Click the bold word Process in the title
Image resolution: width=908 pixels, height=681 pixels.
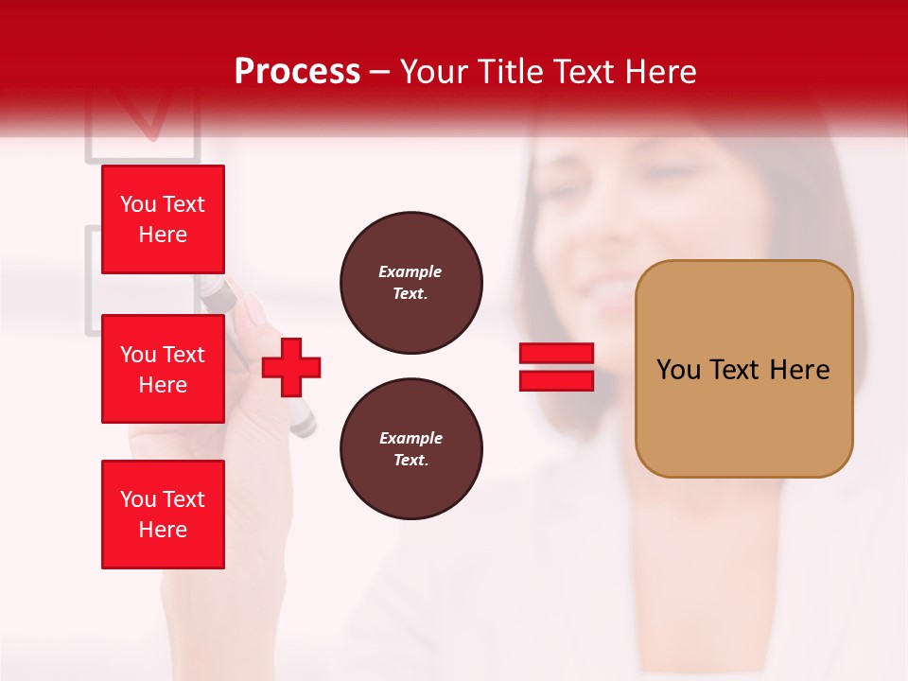point(297,71)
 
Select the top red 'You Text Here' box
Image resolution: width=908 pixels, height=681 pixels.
point(163,219)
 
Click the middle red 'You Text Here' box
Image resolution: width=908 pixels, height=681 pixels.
point(163,369)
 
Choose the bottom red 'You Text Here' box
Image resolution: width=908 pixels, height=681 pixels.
point(163,515)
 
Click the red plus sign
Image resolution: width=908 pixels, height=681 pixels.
point(291,366)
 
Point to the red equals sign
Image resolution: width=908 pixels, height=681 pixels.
point(556,367)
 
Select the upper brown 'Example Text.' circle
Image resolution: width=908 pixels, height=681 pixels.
point(411,283)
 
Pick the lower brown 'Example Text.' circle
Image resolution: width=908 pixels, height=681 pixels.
point(411,449)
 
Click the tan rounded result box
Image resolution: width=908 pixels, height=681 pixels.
point(743,369)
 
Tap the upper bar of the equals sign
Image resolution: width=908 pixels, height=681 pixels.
point(556,354)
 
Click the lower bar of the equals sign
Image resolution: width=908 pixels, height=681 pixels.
point(556,380)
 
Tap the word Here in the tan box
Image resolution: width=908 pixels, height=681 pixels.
point(799,370)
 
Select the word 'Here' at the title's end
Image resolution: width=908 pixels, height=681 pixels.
point(662,71)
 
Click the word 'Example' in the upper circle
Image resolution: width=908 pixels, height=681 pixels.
point(410,271)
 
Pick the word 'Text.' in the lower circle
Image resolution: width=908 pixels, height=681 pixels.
point(410,461)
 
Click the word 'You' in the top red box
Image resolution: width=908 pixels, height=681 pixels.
point(137,204)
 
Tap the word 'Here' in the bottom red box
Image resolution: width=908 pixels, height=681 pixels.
point(163,530)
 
